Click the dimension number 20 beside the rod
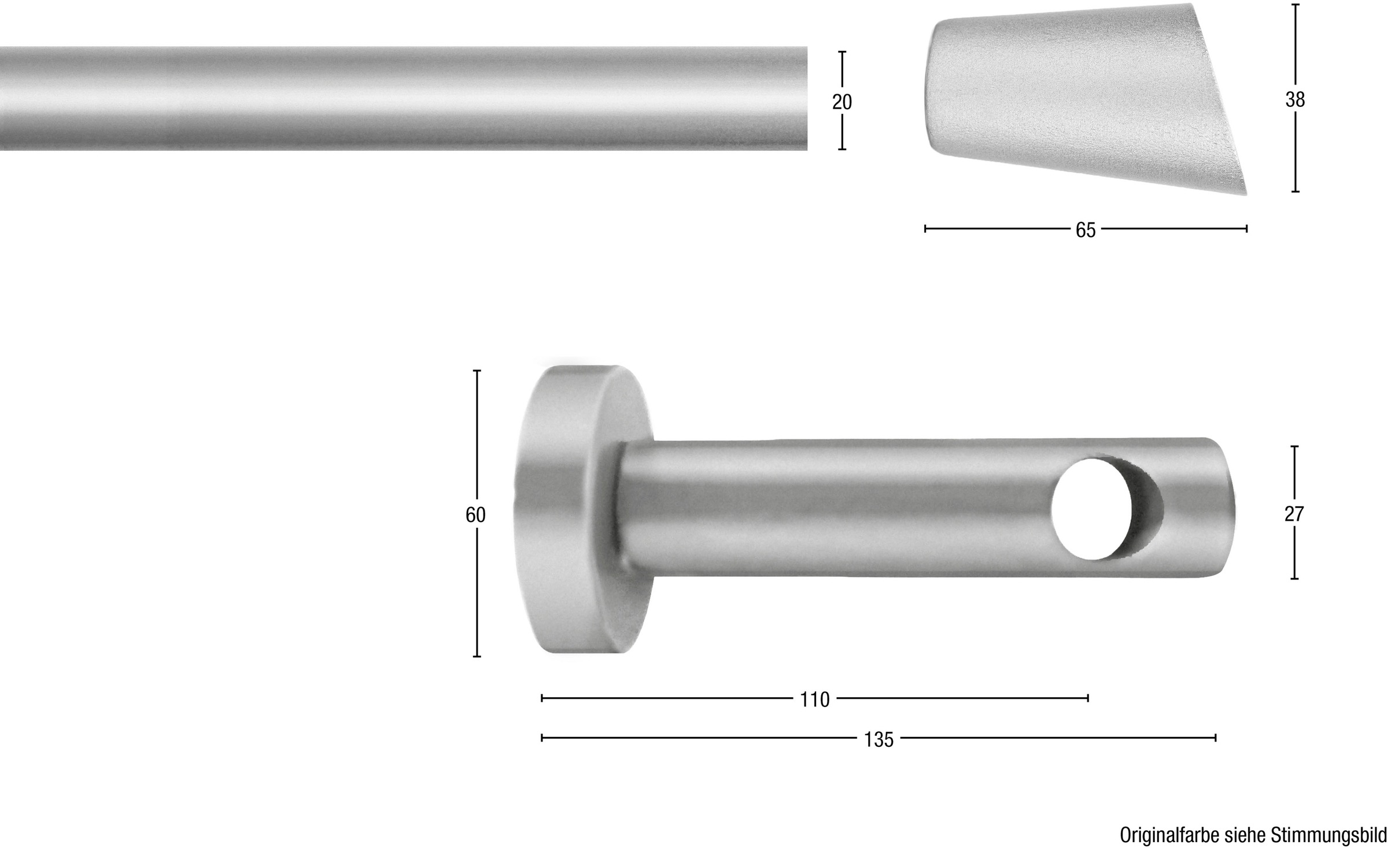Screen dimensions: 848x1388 [x=841, y=102]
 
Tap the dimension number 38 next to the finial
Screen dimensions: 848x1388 [x=1295, y=100]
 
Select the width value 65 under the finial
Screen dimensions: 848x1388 [x=1086, y=230]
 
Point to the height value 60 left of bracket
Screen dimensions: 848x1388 [x=475, y=514]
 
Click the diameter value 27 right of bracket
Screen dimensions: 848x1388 [x=1294, y=513]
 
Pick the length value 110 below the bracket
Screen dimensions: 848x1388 [x=815, y=699]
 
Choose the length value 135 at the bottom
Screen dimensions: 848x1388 [x=878, y=739]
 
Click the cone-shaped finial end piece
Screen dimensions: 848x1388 [x=1081, y=98]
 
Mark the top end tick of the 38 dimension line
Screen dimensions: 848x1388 [x=1295, y=5]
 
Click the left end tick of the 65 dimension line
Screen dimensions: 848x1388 [x=925, y=229]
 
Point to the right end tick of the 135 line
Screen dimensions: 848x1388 [x=1215, y=738]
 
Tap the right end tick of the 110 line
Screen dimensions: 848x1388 [x=1088, y=698]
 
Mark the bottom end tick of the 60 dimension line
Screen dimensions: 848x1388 [x=477, y=657]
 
